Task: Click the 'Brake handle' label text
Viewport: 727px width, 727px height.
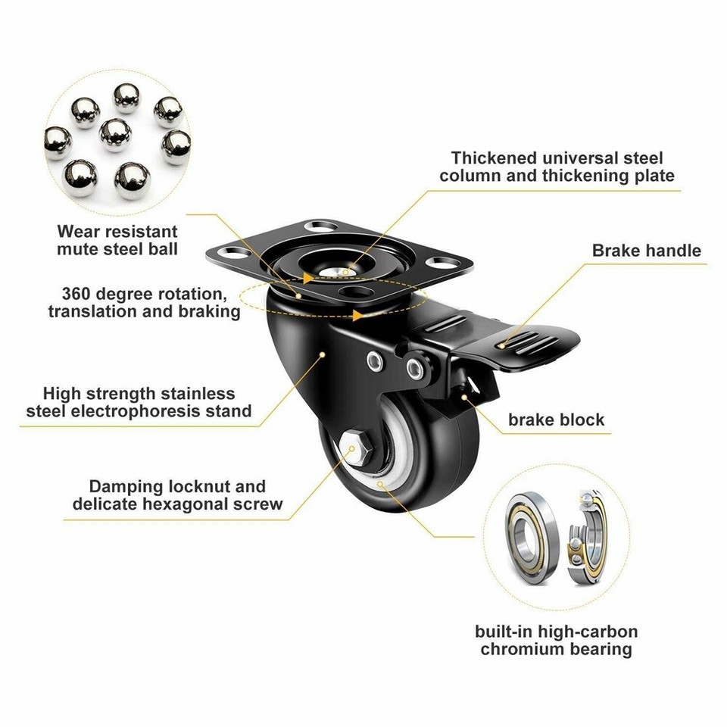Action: tap(647, 250)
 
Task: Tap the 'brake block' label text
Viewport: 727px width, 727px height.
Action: tap(557, 420)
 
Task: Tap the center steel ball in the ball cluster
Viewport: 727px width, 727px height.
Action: tap(115, 134)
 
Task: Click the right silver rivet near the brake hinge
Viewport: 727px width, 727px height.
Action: tap(413, 367)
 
